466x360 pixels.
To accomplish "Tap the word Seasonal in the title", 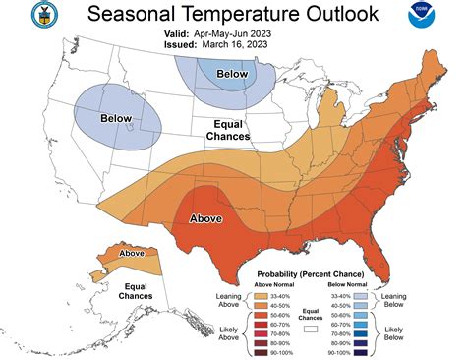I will pos(129,14).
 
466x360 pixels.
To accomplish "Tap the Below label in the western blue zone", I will pos(116,118).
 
